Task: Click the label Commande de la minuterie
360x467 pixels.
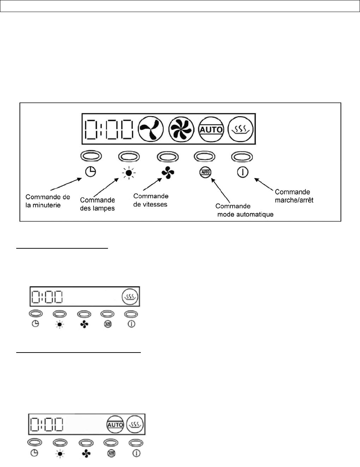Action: coord(48,201)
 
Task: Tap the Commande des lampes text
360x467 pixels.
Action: coord(97,204)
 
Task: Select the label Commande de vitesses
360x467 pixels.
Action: coord(151,200)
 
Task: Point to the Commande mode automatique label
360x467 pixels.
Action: coord(244,210)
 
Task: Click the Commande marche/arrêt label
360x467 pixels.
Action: coord(294,196)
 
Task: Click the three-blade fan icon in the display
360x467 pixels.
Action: coord(151,129)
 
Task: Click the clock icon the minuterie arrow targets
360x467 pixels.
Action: coord(91,172)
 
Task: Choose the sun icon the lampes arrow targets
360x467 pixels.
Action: coord(128,173)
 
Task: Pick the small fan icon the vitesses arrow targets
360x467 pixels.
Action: coord(168,172)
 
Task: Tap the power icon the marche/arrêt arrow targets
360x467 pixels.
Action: coord(242,172)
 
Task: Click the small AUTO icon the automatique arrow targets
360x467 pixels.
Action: coord(205,172)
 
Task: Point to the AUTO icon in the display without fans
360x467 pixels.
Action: coord(115,424)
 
